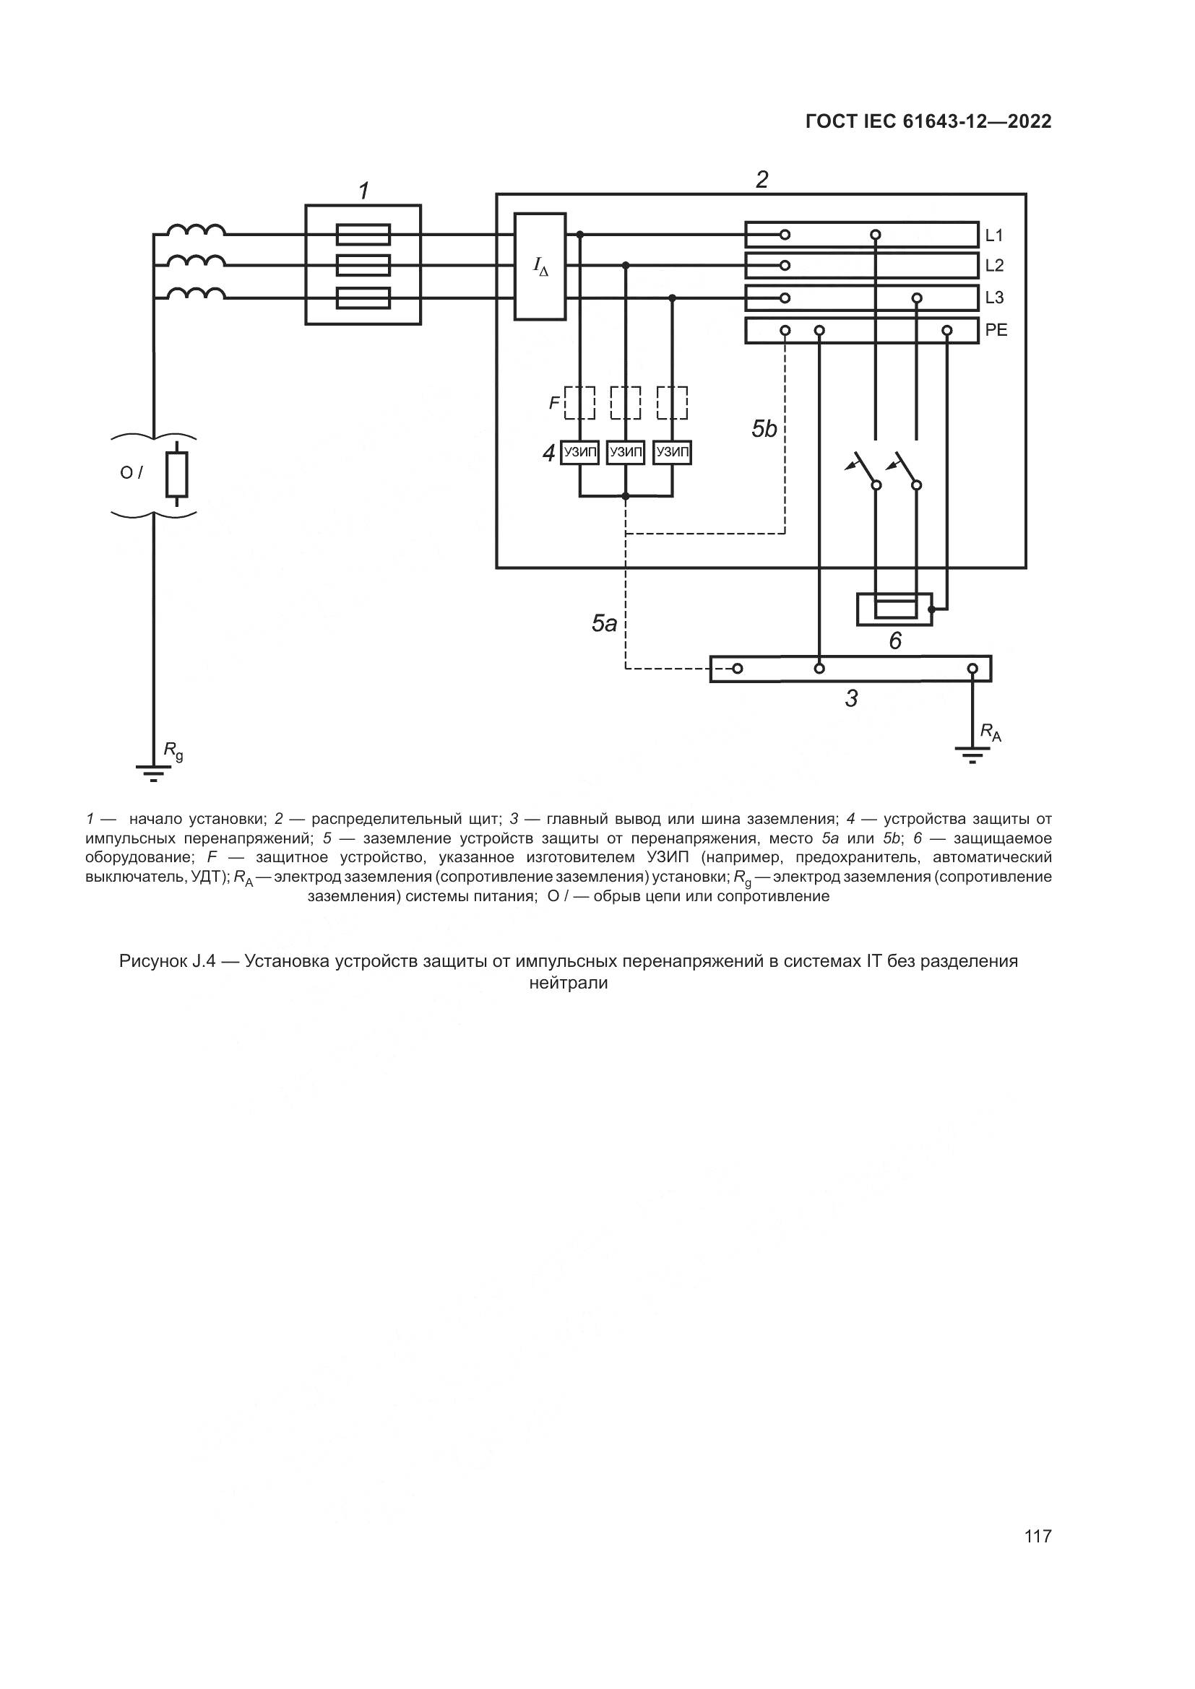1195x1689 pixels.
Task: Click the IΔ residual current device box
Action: (540, 266)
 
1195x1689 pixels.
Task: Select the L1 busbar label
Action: (993, 235)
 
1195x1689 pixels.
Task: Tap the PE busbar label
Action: (996, 330)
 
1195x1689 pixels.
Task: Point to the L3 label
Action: (993, 298)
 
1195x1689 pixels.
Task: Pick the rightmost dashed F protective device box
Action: (672, 402)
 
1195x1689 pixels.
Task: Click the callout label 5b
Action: (764, 429)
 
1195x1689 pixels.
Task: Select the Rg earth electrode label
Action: (173, 751)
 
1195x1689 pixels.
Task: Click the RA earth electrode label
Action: (991, 732)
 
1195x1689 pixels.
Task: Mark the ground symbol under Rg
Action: (153, 773)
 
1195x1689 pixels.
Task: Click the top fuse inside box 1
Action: (363, 235)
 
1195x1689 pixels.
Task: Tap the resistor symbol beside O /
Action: (176, 474)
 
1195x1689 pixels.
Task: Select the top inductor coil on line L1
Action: (196, 230)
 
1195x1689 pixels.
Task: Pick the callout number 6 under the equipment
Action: (894, 641)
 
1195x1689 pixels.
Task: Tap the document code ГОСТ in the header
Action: (829, 121)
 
